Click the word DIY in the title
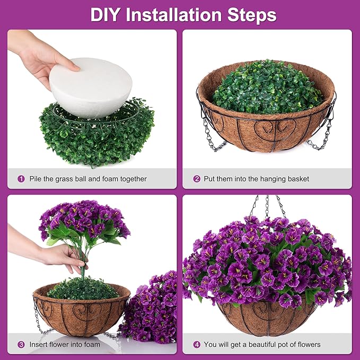107,14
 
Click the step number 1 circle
21,179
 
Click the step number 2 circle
197,179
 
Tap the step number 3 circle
21,345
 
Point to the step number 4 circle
197,345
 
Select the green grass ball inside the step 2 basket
267,87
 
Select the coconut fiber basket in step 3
80,313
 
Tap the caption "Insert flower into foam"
64,345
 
